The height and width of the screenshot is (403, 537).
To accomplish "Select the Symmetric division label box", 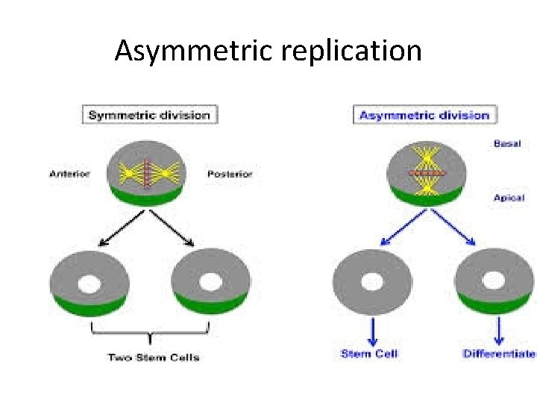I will click(150, 115).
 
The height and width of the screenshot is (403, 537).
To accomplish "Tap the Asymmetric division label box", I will click(424, 115).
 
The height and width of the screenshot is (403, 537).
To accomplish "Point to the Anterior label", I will click(69, 174).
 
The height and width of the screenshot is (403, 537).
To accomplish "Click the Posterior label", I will click(230, 174).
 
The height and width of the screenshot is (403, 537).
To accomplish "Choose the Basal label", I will click(507, 143).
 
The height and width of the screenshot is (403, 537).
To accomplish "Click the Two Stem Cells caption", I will click(154, 357).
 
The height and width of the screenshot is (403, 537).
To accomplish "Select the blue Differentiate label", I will click(499, 353).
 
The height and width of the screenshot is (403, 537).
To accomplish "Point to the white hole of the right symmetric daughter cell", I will click(211, 282).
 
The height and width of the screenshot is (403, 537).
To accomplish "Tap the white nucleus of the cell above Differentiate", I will click(493, 281).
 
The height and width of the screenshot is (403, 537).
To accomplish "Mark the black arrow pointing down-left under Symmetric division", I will click(125, 228).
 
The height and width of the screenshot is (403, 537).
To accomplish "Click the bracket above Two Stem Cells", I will click(151, 333).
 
